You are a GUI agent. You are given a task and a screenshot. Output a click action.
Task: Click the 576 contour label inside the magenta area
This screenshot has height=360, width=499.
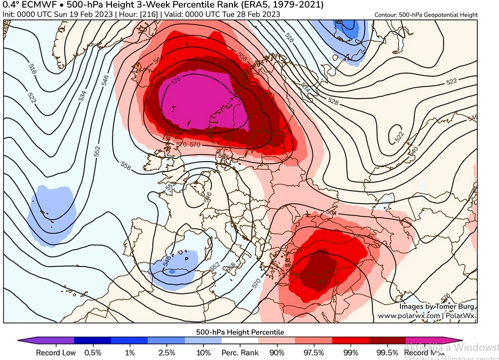[x=177, y=81]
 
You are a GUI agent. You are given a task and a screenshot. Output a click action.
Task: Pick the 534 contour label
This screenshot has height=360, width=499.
[x=82, y=96]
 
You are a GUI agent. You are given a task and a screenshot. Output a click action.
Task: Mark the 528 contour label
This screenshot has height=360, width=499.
[x=333, y=101]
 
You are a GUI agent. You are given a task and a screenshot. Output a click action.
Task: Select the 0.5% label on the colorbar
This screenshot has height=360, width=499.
[x=93, y=353]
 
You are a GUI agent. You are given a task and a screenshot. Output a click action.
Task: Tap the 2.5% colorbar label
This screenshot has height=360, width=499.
[x=166, y=353]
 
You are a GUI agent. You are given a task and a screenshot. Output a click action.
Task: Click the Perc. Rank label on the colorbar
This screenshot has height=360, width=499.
[x=240, y=353]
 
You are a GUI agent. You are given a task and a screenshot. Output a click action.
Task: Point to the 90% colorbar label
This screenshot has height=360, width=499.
[x=277, y=353]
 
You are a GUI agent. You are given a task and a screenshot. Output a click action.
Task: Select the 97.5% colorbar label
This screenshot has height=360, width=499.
[x=314, y=353]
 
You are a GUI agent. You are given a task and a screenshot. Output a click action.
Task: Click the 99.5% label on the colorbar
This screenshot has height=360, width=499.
[x=387, y=353]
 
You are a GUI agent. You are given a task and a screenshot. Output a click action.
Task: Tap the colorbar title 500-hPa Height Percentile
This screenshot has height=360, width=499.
[x=240, y=332]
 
